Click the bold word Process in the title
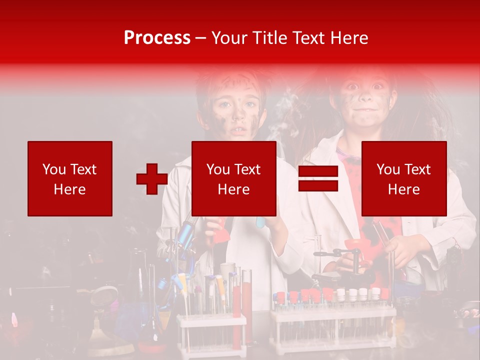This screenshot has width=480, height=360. [157, 38]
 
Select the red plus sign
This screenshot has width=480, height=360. [152, 179]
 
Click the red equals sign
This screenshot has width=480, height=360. [318, 179]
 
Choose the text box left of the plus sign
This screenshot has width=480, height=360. [70, 178]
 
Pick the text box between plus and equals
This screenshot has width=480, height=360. [234, 178]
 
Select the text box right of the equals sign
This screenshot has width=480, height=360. [404, 178]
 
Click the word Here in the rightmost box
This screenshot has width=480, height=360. [404, 189]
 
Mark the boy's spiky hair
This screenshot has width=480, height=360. [230, 80]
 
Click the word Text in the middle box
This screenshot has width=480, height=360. [247, 169]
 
